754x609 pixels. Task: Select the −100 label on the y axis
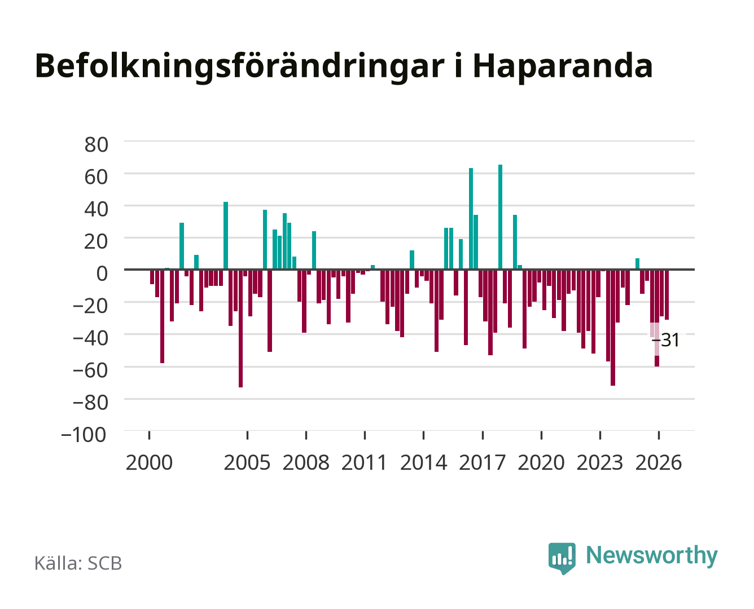84,435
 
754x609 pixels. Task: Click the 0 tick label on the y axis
102,273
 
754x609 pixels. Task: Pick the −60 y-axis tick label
90,370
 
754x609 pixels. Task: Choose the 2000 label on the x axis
149,462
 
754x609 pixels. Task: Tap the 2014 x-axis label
423,462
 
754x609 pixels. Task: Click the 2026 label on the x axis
659,462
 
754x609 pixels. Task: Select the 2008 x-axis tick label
306,462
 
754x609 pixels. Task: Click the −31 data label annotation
665,340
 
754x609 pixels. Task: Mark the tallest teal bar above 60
500,217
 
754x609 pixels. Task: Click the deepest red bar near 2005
241,328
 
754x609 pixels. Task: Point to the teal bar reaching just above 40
226,236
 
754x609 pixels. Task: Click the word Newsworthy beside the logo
652,555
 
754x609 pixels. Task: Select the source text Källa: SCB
78,563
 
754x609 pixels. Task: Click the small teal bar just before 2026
637,264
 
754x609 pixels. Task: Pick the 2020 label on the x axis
541,462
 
